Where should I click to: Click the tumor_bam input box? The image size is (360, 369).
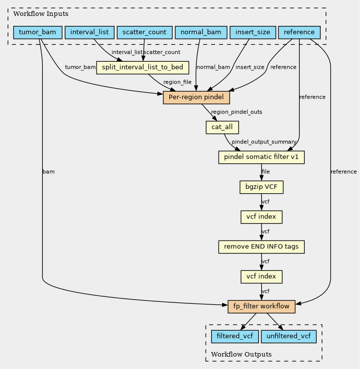click(38, 32)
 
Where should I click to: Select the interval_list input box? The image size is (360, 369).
click(90, 32)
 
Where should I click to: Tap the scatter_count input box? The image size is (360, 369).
click(144, 32)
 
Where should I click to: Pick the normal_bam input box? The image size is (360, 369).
click(201, 32)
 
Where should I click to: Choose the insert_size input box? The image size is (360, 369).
click(253, 32)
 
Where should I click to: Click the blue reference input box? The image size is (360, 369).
click(299, 32)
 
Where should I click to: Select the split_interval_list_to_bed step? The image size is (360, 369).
click(142, 68)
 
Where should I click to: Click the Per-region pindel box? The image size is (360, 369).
click(196, 98)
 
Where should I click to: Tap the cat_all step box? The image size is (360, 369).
click(222, 127)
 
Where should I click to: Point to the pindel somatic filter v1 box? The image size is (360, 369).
click(261, 157)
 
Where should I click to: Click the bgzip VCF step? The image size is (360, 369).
click(261, 187)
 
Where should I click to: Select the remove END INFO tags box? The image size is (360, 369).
click(261, 247)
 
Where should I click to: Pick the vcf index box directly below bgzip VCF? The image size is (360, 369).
click(261, 217)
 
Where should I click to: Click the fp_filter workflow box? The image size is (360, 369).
click(261, 307)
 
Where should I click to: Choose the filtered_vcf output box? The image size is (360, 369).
click(235, 337)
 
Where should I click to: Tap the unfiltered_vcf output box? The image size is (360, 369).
click(289, 337)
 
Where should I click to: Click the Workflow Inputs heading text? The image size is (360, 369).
click(41, 14)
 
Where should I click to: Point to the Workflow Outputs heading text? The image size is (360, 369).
click(241, 355)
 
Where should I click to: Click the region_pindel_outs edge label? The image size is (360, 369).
click(237, 112)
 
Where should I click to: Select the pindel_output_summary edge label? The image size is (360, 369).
click(264, 142)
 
